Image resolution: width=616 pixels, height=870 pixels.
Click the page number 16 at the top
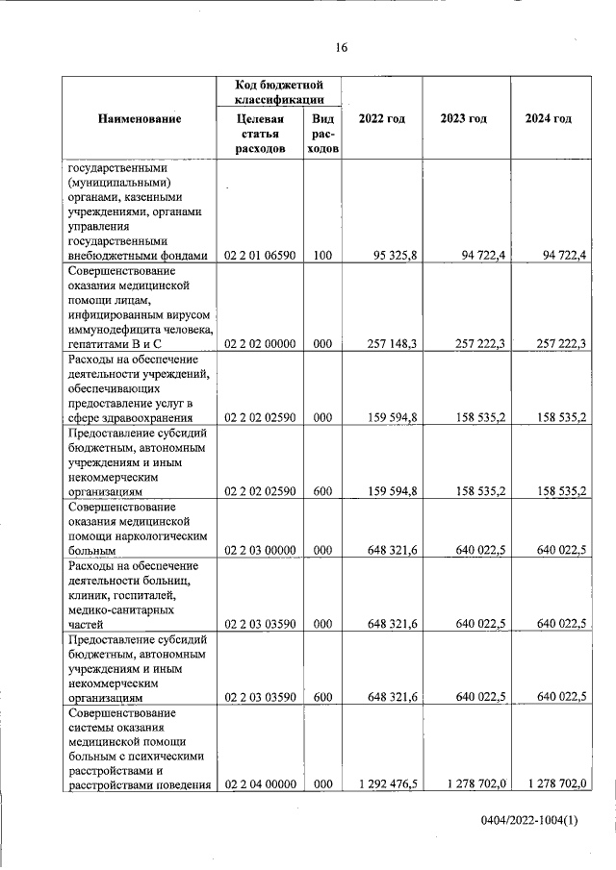point(341,48)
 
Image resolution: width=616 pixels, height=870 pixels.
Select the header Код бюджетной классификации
point(278,92)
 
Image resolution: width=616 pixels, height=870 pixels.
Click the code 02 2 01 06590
point(260,256)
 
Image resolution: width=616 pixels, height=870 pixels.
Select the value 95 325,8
point(394,256)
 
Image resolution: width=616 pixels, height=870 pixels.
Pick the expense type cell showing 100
point(322,256)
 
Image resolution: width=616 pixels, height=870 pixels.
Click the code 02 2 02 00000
point(260,343)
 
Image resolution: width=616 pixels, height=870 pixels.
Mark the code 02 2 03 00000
point(260,551)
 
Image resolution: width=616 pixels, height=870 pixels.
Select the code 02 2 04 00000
point(260,784)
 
